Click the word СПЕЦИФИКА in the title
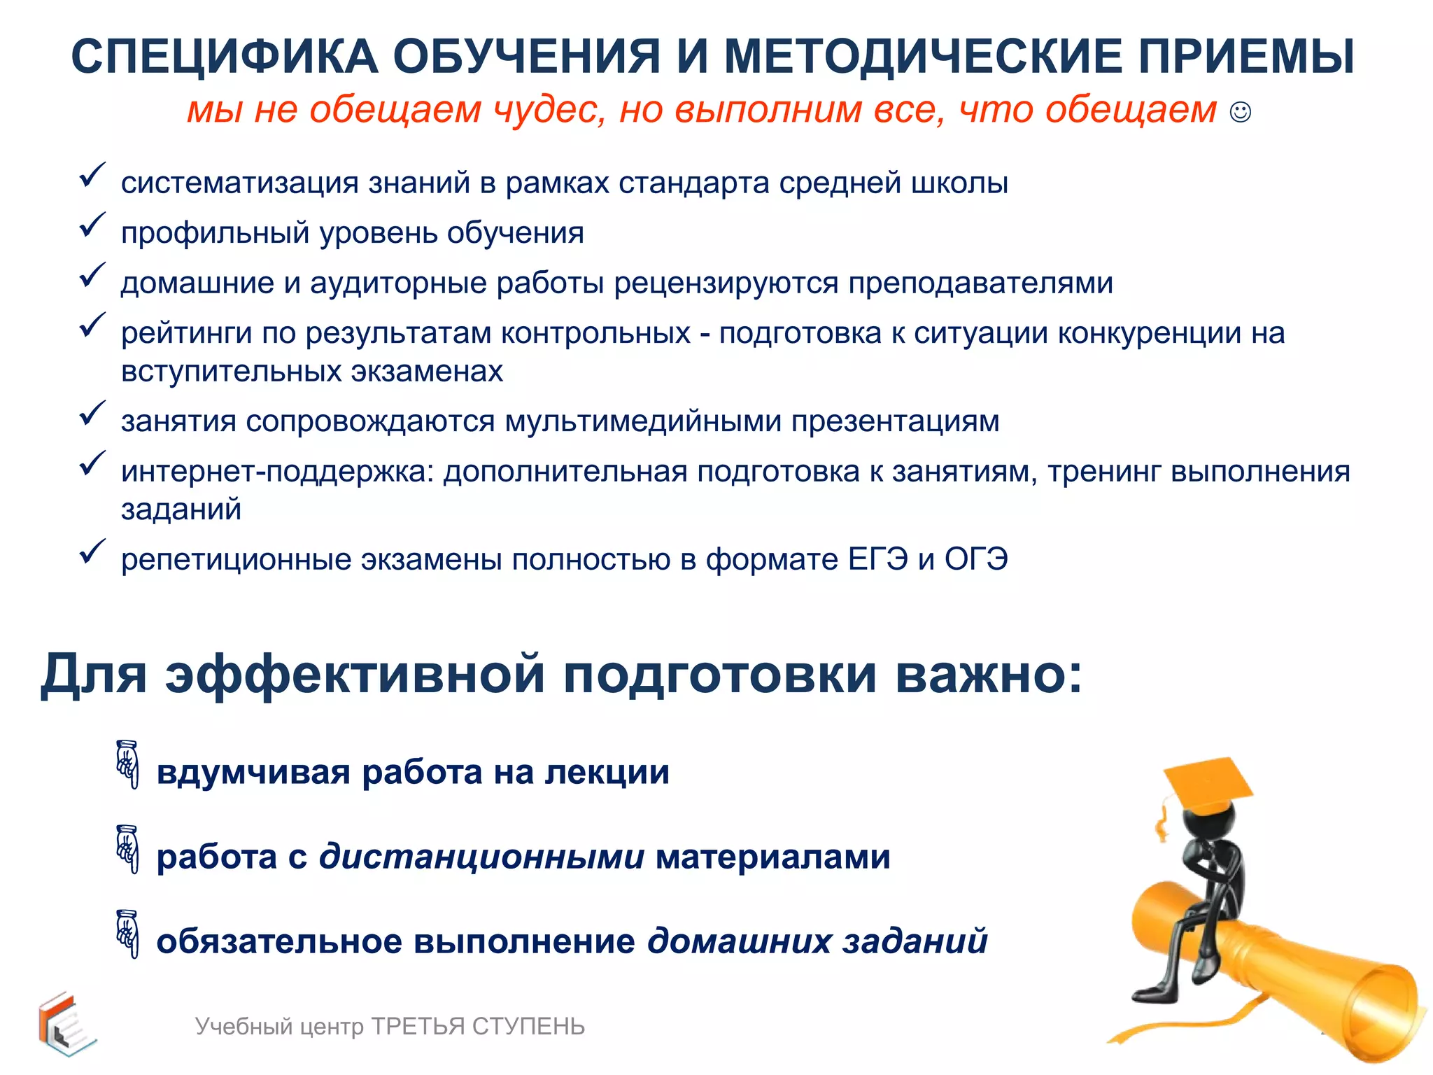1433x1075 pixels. (225, 57)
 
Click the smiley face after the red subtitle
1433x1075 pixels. (1240, 112)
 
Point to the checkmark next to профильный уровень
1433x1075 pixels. (92, 225)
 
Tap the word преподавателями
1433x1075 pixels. (980, 283)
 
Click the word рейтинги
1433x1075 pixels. (186, 334)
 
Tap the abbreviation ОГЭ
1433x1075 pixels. (976, 560)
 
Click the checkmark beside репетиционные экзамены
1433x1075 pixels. (92, 551)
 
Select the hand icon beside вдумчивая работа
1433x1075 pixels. (127, 764)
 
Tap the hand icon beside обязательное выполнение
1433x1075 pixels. (127, 934)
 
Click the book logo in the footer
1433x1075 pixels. (66, 1024)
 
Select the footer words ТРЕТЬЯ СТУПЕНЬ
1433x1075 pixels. (478, 1027)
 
